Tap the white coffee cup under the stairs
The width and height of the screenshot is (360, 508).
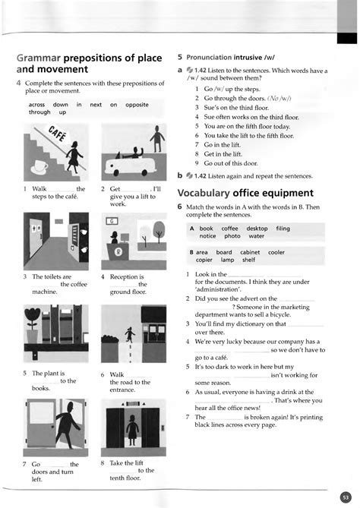coord(39,166)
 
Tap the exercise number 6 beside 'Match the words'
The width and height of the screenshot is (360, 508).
coord(180,207)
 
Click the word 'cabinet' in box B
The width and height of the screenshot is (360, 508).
coord(250,252)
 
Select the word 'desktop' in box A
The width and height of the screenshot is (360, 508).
coord(257,228)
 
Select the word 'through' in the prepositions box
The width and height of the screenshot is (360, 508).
coord(39,112)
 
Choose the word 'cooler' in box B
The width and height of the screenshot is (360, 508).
coord(276,252)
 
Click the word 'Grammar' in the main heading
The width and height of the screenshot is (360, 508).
coord(38,58)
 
